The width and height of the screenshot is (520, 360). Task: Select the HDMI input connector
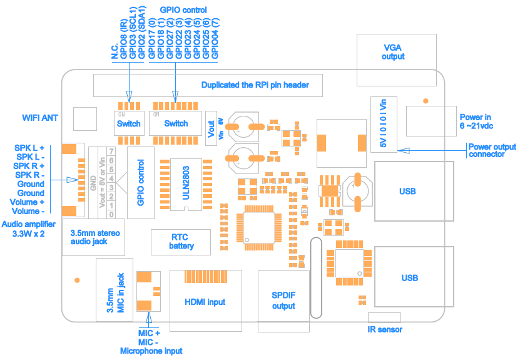205,302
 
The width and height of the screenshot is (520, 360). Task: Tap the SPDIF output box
283,301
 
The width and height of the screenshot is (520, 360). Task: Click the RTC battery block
181,242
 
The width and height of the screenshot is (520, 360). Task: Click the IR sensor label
385,330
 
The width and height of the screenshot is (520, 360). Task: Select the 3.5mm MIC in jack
112,292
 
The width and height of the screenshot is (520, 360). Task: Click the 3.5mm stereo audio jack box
95,237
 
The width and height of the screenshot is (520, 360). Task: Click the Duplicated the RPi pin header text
255,85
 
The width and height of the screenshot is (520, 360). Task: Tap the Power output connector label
492,150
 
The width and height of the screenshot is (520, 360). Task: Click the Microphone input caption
151,351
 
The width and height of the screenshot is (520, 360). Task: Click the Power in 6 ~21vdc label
476,121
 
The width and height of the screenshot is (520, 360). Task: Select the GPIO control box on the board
140,183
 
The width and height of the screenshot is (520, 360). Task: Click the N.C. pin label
115,53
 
